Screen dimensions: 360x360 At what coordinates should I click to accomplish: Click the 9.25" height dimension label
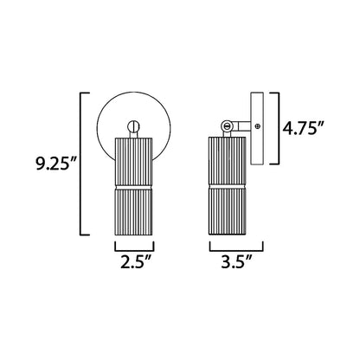[x=55, y=164]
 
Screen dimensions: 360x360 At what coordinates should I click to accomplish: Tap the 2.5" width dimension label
[x=135, y=262]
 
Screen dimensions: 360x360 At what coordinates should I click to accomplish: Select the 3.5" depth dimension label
[x=236, y=262]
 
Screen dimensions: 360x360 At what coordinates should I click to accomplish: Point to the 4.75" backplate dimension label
[x=303, y=128]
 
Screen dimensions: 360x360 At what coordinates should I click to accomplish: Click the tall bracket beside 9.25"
[x=80, y=164]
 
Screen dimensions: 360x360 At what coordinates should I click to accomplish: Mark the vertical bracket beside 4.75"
[x=279, y=128]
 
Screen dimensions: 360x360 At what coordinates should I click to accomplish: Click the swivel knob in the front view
[x=134, y=126]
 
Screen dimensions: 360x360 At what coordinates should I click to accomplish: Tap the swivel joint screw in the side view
[x=228, y=125]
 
